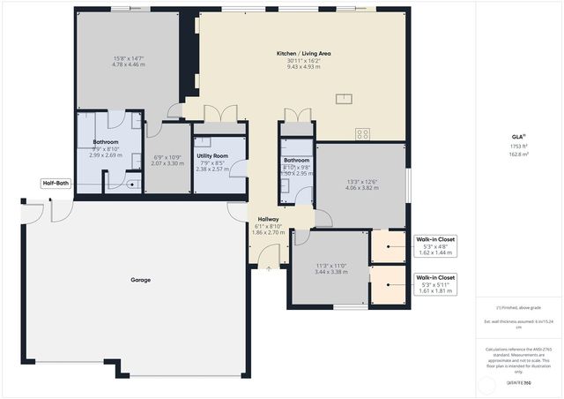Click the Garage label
pyautogui.click(x=141, y=280)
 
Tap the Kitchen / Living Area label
pyautogui.click(x=303, y=54)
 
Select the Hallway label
pyautogui.click(x=268, y=219)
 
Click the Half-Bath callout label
pyautogui.click(x=55, y=184)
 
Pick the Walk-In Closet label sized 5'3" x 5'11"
pyautogui.click(x=435, y=277)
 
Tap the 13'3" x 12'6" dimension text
pyautogui.click(x=362, y=182)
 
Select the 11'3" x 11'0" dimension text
pyautogui.click(x=331, y=266)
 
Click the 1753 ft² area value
pyautogui.click(x=519, y=146)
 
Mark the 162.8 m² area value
pyautogui.click(x=519, y=154)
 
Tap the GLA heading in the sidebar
pyautogui.click(x=518, y=136)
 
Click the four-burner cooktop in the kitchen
pyautogui.click(x=362, y=133)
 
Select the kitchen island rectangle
pyautogui.click(x=342, y=98)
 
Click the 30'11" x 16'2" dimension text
pyautogui.click(x=303, y=60)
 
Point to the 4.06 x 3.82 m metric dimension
pyautogui.click(x=362, y=188)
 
